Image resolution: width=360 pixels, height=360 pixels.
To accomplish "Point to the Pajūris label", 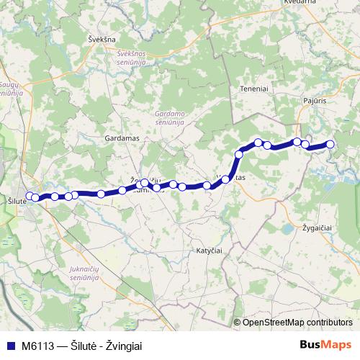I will [x=316, y=103].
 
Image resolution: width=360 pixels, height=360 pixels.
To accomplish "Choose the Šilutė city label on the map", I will [x=16, y=201].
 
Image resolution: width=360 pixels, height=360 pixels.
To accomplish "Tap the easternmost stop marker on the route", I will [x=330, y=144].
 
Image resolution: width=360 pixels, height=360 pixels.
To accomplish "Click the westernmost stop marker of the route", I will [x=30, y=195].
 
